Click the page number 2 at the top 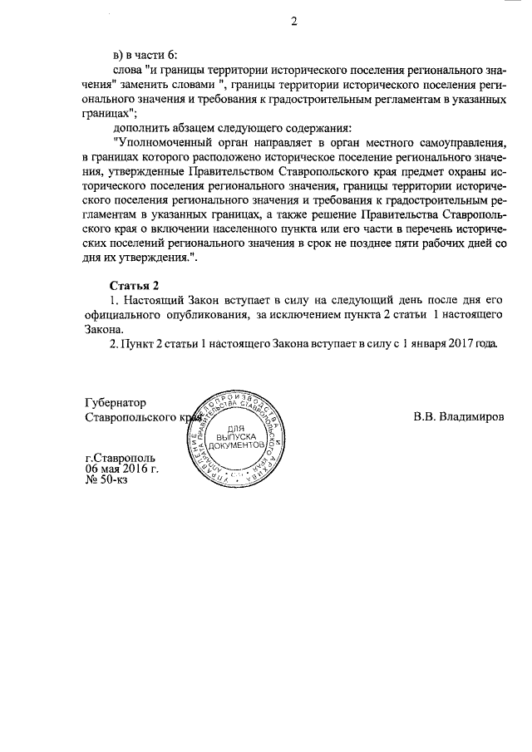click(x=293, y=21)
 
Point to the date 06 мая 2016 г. click(x=122, y=469)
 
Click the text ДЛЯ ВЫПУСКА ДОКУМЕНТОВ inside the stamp click(x=239, y=435)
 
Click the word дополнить click(x=142, y=128)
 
